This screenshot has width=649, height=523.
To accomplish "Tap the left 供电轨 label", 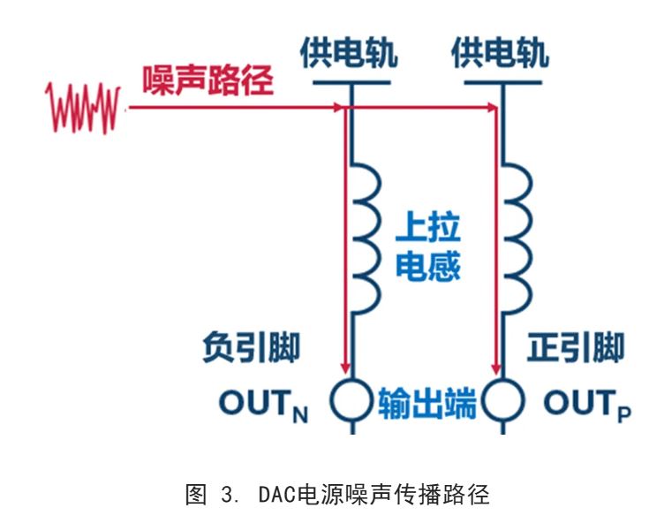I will point(348,52).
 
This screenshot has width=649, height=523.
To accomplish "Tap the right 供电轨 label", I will point(500,52).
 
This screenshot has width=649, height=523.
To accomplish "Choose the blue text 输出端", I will point(427,403).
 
